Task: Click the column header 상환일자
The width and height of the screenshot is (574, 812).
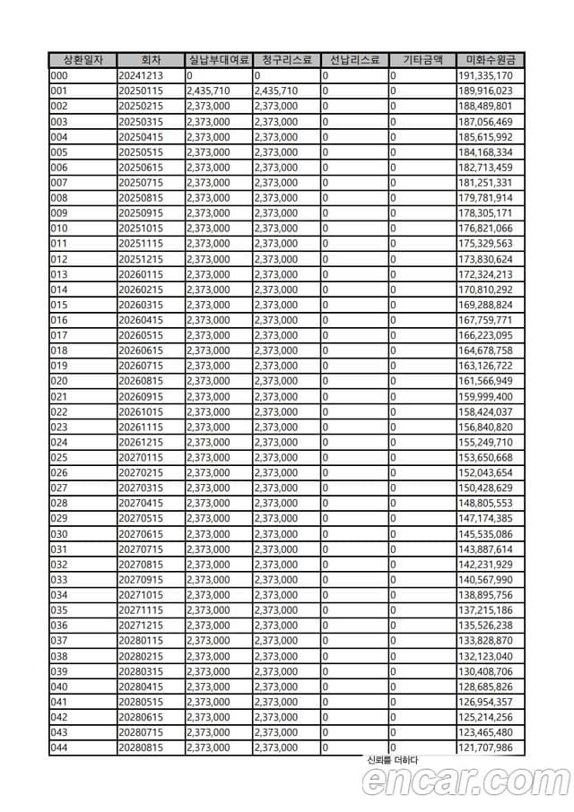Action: tap(83, 60)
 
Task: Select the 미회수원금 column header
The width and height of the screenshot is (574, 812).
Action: tap(491, 60)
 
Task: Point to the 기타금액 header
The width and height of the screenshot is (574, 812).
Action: tap(422, 60)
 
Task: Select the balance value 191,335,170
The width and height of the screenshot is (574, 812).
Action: tap(485, 75)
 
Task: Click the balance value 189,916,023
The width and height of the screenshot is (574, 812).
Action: tap(485, 91)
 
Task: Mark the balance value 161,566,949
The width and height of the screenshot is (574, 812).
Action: tap(485, 381)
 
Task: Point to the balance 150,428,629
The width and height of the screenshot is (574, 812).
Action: tap(485, 488)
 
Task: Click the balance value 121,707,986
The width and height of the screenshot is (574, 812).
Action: tap(485, 747)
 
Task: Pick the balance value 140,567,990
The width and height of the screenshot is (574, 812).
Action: tap(485, 580)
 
